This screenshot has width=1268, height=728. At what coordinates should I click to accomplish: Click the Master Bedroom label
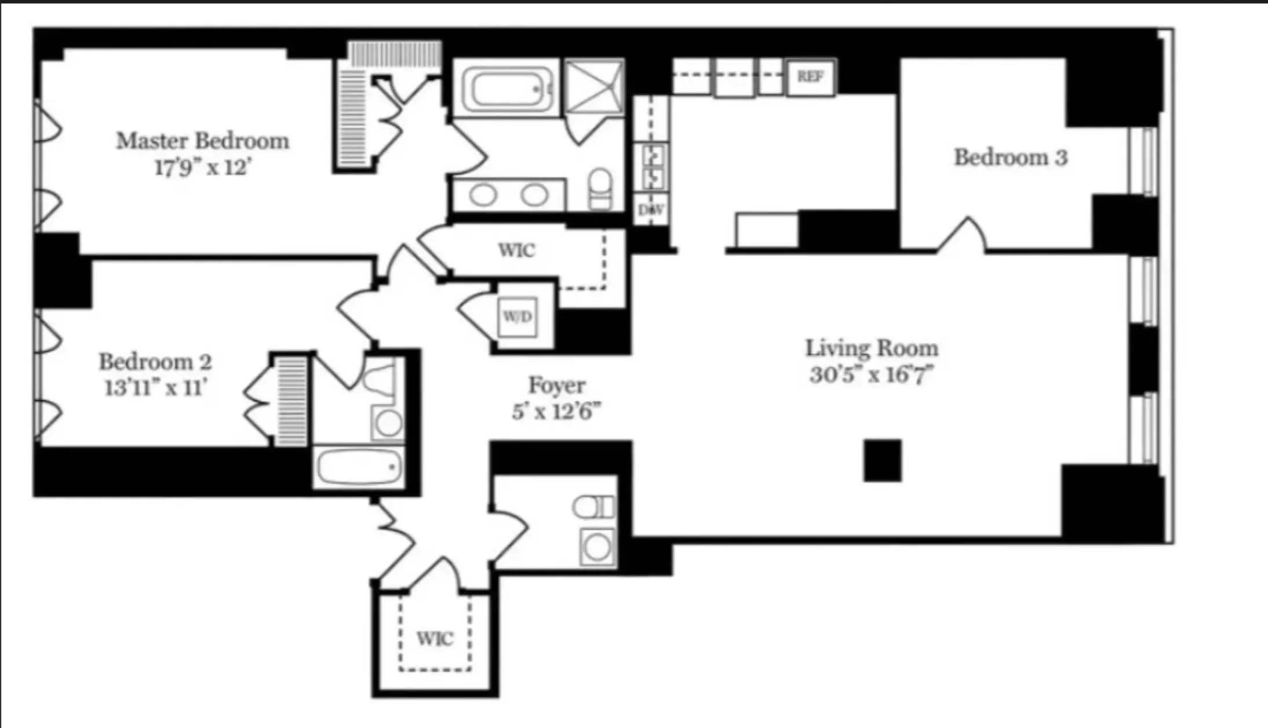click(x=202, y=141)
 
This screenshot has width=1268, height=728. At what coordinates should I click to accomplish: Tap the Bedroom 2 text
click(x=155, y=362)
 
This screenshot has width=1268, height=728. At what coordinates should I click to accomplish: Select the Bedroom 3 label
click(x=1010, y=157)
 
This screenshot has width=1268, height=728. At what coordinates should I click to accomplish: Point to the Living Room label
click(x=872, y=348)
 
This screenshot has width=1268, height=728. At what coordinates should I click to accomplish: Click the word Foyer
click(x=556, y=385)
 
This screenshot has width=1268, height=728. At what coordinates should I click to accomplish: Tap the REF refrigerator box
click(x=810, y=77)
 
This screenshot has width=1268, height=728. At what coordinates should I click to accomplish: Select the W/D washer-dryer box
click(x=517, y=316)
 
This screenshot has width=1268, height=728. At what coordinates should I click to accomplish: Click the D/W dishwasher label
click(x=651, y=210)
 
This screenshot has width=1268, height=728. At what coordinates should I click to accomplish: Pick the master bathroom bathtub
click(x=505, y=89)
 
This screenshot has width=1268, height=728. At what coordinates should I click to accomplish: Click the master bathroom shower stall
click(x=595, y=87)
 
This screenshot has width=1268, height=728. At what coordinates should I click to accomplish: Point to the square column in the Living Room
click(x=882, y=460)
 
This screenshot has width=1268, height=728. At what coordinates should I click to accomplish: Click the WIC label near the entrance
click(x=435, y=639)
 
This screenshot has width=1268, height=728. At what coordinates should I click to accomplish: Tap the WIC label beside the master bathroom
click(x=516, y=250)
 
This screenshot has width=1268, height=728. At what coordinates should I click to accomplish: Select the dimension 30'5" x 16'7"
click(x=872, y=375)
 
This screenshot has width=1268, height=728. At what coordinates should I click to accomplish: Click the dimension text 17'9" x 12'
click(x=202, y=168)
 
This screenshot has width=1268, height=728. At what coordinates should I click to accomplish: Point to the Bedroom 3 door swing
click(x=962, y=235)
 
